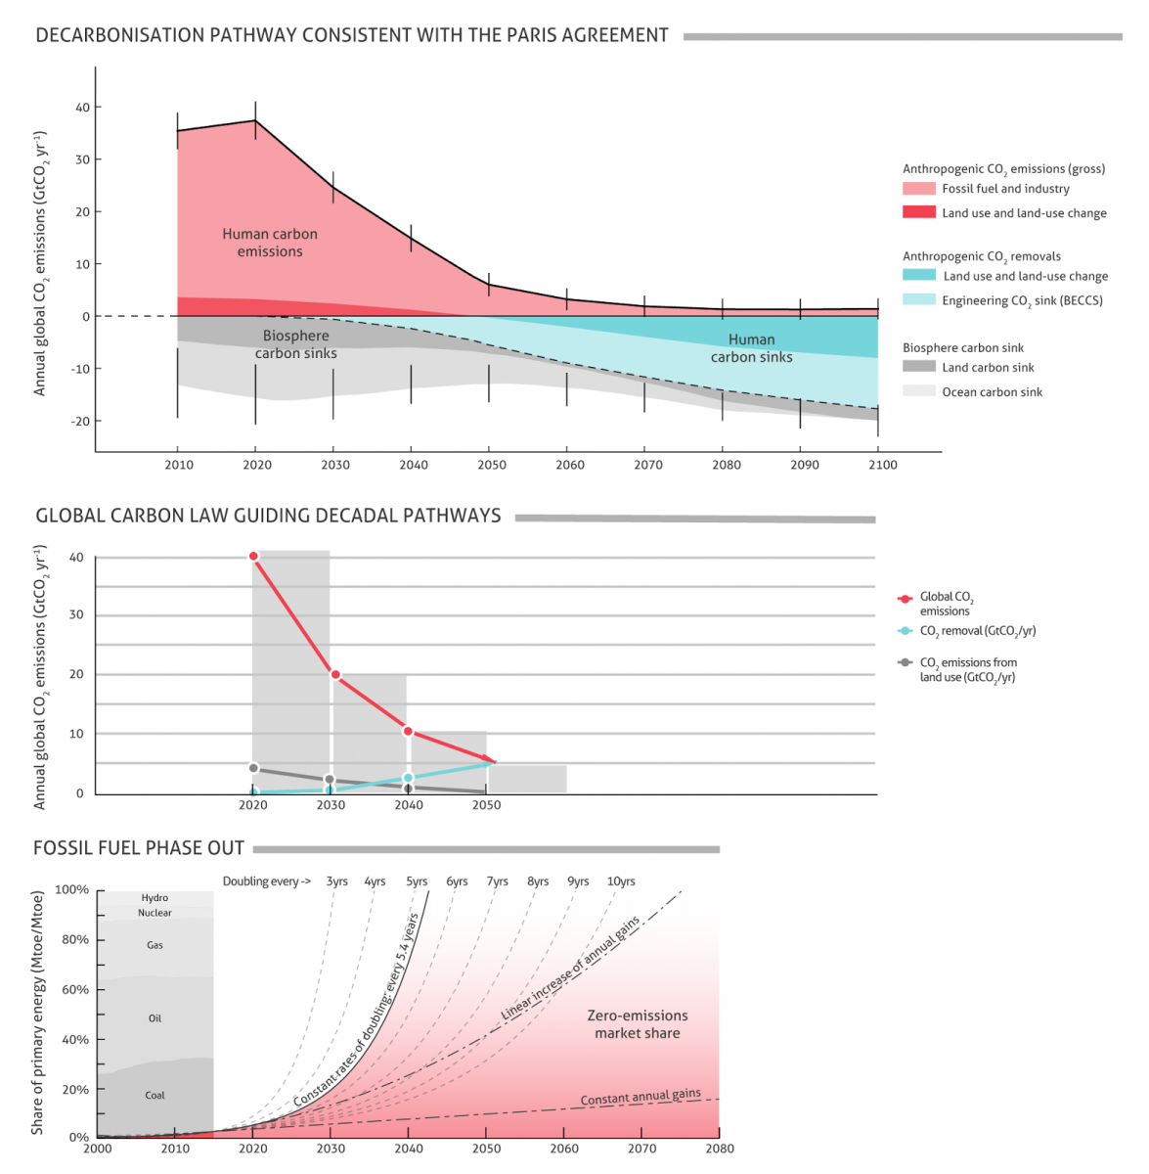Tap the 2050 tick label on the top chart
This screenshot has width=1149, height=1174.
492,465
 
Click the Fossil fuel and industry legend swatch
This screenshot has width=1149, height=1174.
918,189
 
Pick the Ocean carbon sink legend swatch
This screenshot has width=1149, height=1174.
918,391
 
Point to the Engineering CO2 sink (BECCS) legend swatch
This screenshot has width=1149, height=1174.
918,300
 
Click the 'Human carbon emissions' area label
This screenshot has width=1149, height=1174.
270,243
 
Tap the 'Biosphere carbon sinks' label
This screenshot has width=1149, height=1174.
295,344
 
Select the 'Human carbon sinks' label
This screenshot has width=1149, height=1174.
751,348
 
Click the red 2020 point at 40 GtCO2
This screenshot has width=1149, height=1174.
254,557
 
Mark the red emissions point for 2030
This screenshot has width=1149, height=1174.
335,675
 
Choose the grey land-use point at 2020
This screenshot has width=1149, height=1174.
254,769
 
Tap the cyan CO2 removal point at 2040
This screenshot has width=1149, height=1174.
409,778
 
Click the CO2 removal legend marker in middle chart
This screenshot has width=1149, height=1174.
905,631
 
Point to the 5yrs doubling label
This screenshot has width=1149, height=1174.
418,881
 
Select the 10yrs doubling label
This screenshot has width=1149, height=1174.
621,881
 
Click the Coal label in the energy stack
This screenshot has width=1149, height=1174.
155,1096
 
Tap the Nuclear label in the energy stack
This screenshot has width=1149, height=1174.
155,913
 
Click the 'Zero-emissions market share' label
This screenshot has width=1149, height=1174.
638,1024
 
